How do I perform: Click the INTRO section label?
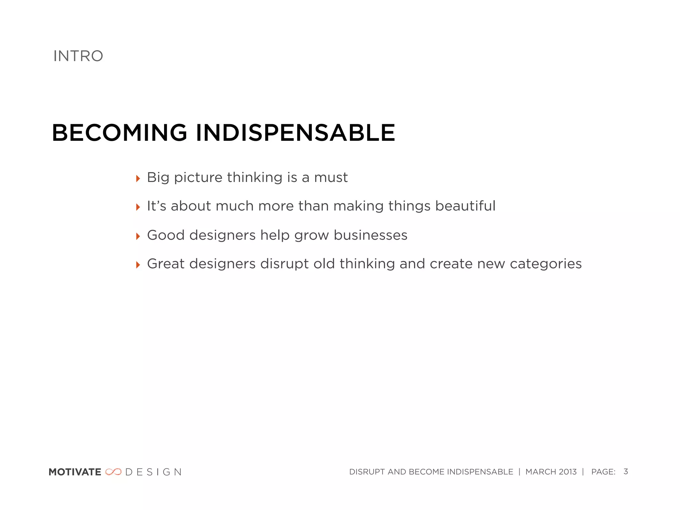78,56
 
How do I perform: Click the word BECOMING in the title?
120,133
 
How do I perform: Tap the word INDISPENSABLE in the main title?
296,133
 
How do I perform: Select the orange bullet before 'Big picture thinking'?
138,179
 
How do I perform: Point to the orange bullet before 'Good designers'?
138,236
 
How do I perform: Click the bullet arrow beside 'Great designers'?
138,265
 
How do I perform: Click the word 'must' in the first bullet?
331,178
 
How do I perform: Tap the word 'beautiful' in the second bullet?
465,206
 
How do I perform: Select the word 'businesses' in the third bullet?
370,235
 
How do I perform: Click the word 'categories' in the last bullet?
546,264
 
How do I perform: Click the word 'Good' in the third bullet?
166,235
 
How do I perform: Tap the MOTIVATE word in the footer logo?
75,472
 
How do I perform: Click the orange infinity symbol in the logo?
113,472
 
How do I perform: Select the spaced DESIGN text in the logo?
153,472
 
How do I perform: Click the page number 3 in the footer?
626,471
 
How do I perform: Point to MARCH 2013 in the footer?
551,472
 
